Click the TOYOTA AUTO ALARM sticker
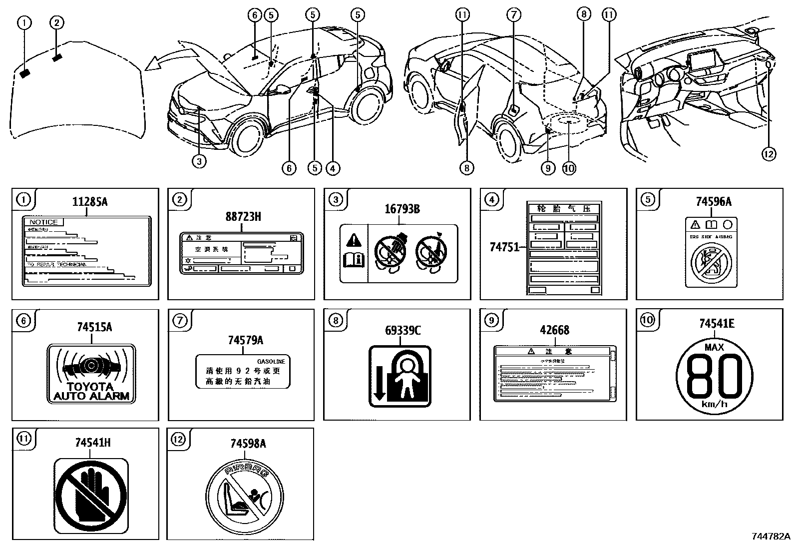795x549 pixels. tap(91, 373)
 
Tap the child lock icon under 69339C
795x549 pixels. tap(399, 376)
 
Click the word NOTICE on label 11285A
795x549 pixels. tap(43, 222)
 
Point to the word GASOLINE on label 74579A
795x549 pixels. tap(271, 361)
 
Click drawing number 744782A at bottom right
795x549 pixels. tap(771, 536)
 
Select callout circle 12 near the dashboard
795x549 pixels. tap(769, 154)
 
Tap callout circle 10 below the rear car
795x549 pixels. tap(569, 168)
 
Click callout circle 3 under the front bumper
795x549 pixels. tap(199, 162)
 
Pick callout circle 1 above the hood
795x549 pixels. tap(24, 22)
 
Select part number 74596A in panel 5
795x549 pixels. tap(714, 201)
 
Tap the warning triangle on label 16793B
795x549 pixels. tap(354, 240)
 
